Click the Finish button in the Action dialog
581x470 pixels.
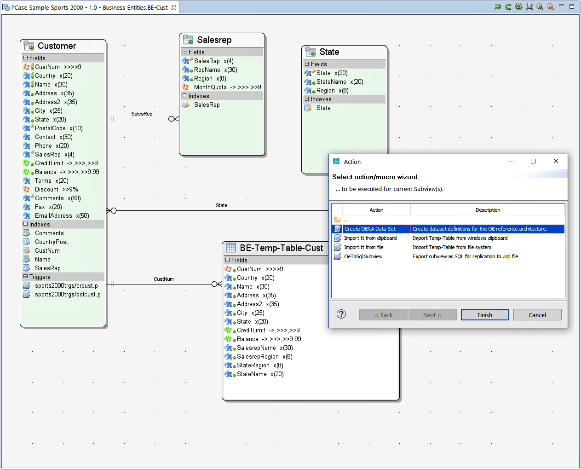point(485,315)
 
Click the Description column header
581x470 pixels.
point(488,210)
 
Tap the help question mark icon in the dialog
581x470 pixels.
point(341,314)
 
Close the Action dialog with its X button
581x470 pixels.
point(556,161)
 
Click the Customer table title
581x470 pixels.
point(57,46)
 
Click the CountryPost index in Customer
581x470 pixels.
point(51,242)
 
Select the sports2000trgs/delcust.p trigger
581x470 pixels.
point(68,295)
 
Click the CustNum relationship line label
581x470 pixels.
point(164,279)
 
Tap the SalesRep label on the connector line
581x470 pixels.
point(142,114)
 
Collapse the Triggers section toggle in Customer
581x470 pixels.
point(26,277)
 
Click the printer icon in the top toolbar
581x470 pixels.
point(529,6)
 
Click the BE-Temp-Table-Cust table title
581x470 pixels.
point(281,248)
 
